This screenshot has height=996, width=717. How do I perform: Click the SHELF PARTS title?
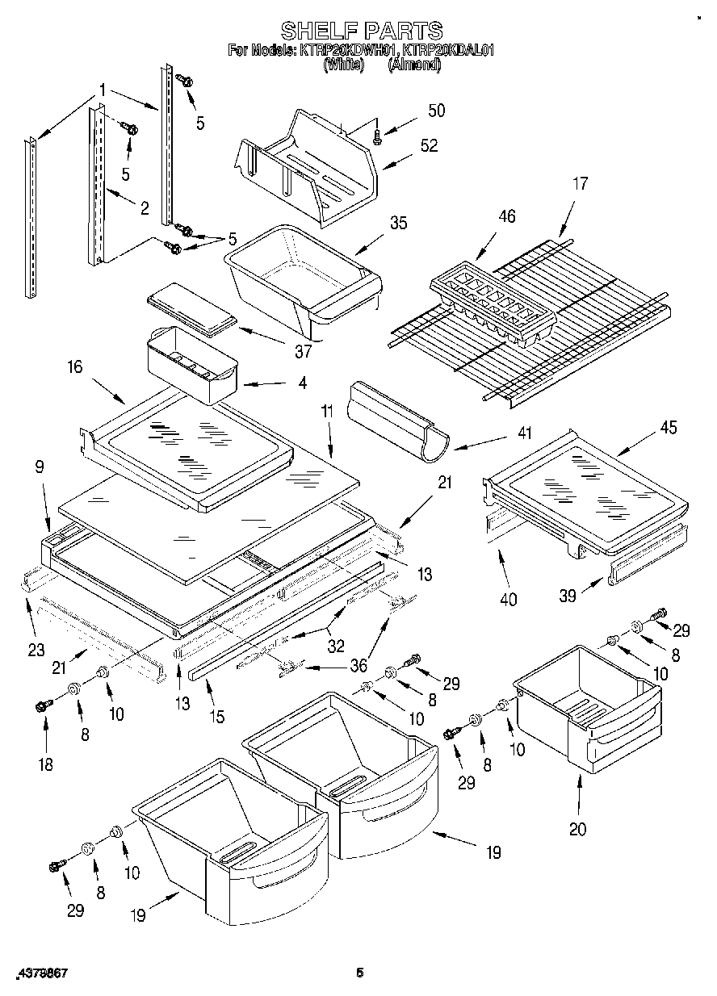[x=361, y=31]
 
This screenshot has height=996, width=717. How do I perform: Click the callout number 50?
[x=436, y=111]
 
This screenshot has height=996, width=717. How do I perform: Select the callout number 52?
[x=429, y=146]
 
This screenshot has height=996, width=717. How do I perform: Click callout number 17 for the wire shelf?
[x=581, y=183]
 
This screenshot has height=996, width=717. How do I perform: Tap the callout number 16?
[x=74, y=368]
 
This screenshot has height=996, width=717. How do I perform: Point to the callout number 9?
[x=40, y=467]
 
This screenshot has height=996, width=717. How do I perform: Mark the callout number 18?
[x=45, y=764]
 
